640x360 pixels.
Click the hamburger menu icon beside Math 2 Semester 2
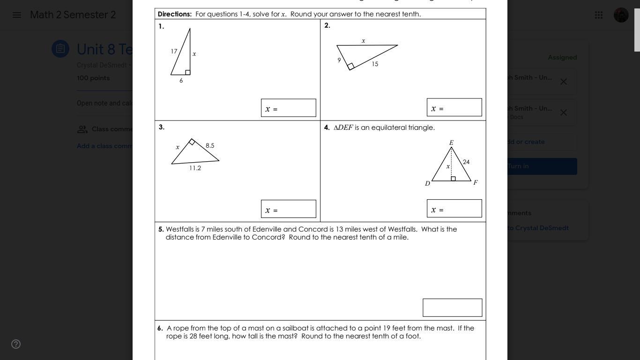[17, 15]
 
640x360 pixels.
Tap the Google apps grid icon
[599, 15]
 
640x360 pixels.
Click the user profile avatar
[621, 15]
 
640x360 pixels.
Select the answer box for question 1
[289, 108]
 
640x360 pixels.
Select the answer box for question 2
[454, 107]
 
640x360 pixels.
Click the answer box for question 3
[289, 209]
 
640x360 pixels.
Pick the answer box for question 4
[454, 209]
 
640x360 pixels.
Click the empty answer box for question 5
[452, 307]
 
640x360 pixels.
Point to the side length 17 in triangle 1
[174, 52]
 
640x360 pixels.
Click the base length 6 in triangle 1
[181, 81]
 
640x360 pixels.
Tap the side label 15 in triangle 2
[375, 64]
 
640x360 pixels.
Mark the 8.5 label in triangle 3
[210, 146]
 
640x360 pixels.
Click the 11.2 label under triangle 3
[195, 168]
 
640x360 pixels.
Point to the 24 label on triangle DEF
[466, 162]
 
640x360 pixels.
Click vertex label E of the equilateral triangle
[451, 142]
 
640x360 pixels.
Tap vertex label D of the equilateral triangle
[427, 183]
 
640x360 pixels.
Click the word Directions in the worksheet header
[175, 14]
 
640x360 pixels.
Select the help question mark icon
[16, 344]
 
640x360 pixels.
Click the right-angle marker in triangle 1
[188, 72]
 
